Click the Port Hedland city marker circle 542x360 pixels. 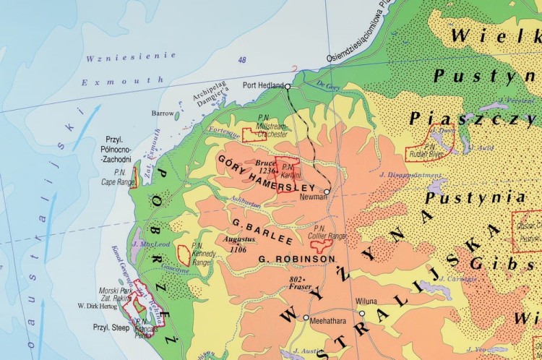(288, 86)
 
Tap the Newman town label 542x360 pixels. (309, 196)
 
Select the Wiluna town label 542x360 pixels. (366, 302)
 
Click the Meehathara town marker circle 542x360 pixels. (306, 318)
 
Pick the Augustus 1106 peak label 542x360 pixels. (240, 244)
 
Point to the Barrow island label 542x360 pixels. (163, 113)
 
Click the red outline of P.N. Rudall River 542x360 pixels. (431, 142)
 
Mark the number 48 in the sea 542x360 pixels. (241, 60)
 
